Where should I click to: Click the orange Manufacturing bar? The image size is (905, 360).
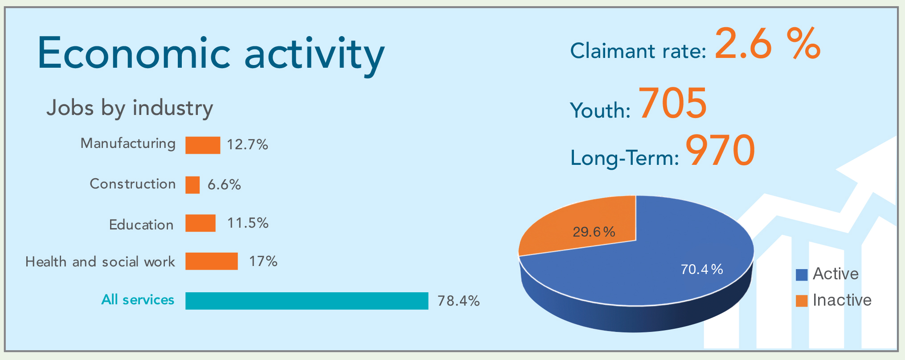click(203, 145)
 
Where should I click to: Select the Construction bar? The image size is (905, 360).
click(192, 185)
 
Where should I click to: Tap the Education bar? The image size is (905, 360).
click(201, 223)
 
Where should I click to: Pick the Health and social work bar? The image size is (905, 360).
click(212, 262)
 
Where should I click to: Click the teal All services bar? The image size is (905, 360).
click(307, 301)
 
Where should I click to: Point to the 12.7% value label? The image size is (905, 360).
click(247, 145)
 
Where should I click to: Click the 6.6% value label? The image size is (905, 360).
click(224, 184)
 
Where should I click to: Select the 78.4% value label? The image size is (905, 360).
click(459, 301)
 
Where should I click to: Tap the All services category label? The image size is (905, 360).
click(138, 300)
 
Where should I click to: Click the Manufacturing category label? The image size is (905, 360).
click(128, 144)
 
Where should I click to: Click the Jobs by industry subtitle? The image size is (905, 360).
click(130, 108)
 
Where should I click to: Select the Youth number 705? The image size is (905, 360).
click(673, 103)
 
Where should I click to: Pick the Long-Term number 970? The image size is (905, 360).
click(720, 151)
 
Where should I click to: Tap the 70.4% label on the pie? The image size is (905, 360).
click(702, 270)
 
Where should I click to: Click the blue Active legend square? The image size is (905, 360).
click(802, 275)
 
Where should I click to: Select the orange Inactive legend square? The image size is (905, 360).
click(802, 301)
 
